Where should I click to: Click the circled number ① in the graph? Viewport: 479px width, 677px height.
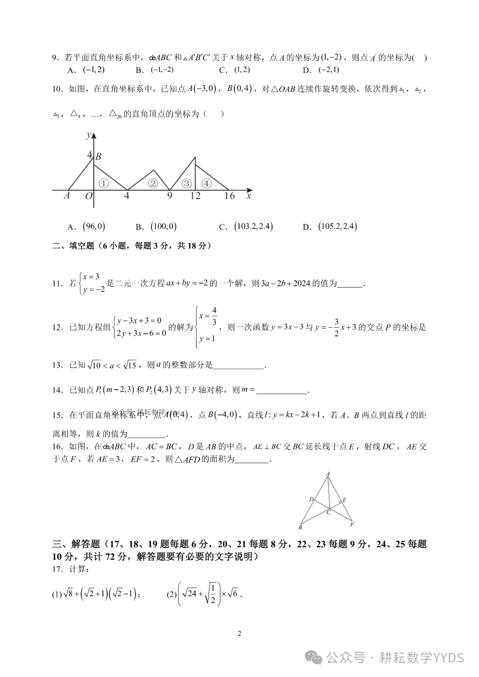pos(103,183)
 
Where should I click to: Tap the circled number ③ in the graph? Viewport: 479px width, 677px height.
pos(187,184)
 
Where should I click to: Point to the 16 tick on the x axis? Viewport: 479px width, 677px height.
pos(229,196)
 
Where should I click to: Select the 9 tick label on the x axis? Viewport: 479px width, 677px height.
pos(169,196)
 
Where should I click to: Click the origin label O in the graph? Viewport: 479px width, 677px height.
pos(89,196)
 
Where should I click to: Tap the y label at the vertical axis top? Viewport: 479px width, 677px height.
pos(89,135)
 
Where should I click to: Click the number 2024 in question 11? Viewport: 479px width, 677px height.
pos(302,283)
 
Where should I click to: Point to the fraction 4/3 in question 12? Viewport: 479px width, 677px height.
pos(214,316)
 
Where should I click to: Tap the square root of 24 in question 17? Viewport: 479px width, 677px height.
pos(190,593)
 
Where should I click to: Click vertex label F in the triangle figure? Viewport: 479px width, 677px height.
pos(352,524)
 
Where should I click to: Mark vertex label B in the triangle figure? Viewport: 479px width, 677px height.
pos(300,528)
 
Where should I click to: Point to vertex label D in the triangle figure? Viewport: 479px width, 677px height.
pos(311,500)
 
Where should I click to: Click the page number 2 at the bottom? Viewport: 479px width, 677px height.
pos(239,634)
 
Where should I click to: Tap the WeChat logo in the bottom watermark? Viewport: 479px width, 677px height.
pos(316,658)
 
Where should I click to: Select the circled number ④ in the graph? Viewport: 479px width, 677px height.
pos(206,184)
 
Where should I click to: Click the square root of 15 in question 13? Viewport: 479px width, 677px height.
pos(129,365)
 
